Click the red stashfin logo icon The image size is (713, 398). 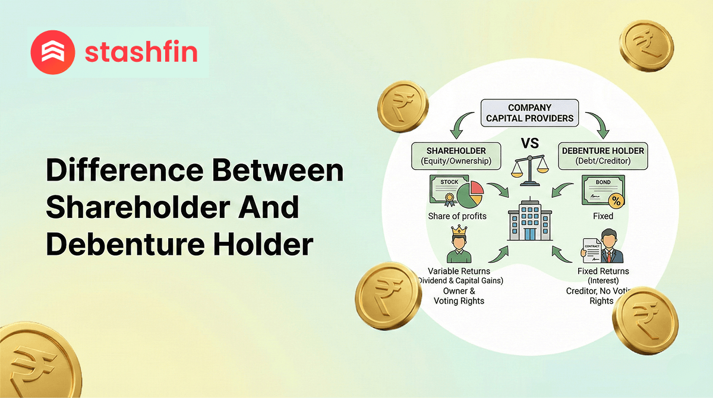52,52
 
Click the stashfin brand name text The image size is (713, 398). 141,52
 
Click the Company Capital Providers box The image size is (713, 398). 529,113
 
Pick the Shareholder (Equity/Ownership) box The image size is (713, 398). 456,156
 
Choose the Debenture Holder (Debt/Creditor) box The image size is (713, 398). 602,156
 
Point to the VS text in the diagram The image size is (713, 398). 528,143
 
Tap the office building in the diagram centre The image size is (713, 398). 528,218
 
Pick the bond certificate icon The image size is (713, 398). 602,191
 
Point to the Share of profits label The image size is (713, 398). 457,216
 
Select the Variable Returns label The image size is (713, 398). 459,271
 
